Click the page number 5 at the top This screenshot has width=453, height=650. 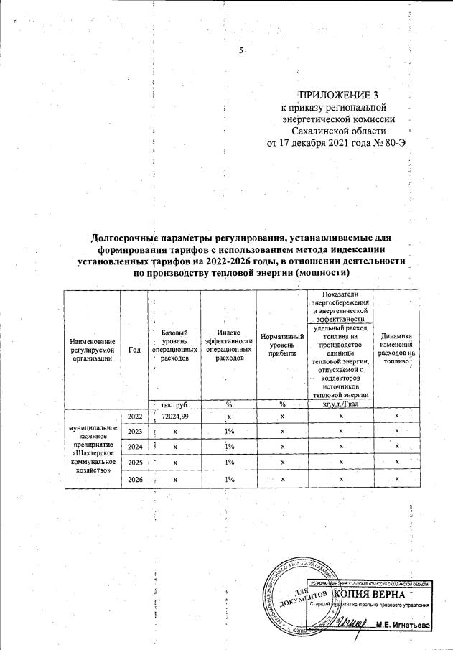pyautogui.click(x=242, y=50)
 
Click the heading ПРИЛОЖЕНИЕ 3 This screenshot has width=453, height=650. pyautogui.click(x=337, y=95)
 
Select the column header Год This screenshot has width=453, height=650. pyautogui.click(x=134, y=348)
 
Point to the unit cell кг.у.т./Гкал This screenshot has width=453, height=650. pyautogui.click(x=340, y=404)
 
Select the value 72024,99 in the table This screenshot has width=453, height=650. pyautogui.click(x=175, y=416)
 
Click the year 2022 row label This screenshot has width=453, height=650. pyautogui.click(x=134, y=416)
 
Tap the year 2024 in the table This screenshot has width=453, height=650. pyautogui.click(x=134, y=447)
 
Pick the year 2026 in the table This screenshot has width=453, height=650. pyautogui.click(x=134, y=479)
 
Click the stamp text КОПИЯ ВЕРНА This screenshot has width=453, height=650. pyautogui.click(x=373, y=595)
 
